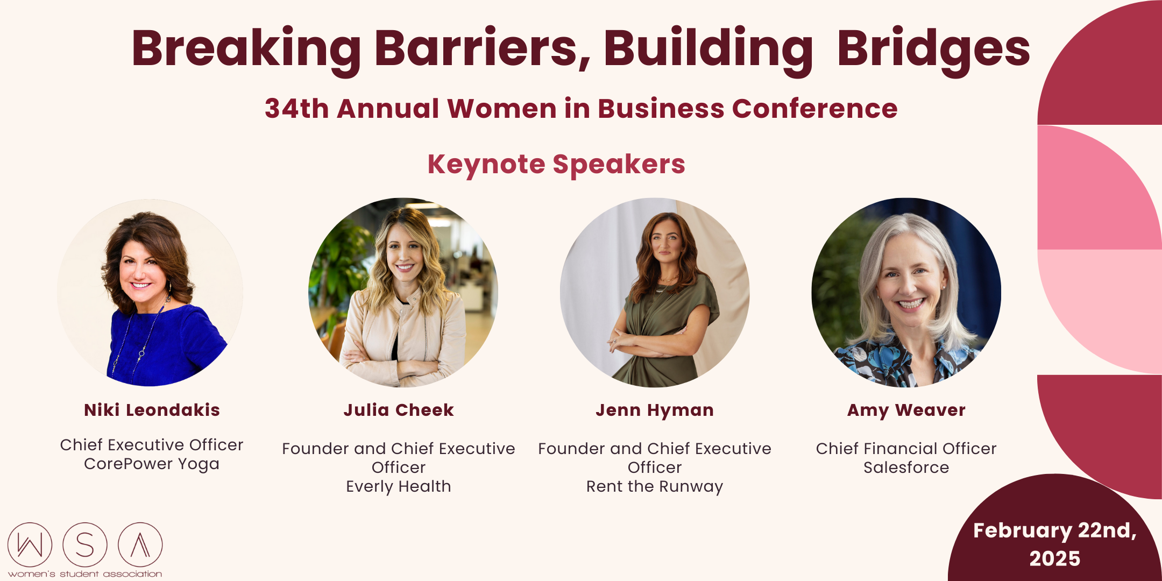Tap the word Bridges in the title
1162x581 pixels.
point(933,48)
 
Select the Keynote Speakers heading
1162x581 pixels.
point(556,164)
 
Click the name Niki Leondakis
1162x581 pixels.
point(152,410)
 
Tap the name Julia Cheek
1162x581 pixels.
point(399,410)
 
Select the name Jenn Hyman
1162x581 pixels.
point(655,410)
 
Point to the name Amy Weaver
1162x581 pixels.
point(906,410)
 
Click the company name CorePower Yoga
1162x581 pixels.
point(152,464)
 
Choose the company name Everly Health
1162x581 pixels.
point(399,486)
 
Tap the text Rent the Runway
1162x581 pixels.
point(655,486)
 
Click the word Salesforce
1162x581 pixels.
point(906,467)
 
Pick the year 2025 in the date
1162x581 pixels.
point(1054,558)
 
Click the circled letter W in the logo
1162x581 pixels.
point(30,544)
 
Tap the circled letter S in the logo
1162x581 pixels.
point(85,544)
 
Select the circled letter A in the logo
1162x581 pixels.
point(140,544)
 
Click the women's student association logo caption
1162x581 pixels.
point(85,574)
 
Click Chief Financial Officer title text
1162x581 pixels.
point(906,449)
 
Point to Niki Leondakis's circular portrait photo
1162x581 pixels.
point(151,293)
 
